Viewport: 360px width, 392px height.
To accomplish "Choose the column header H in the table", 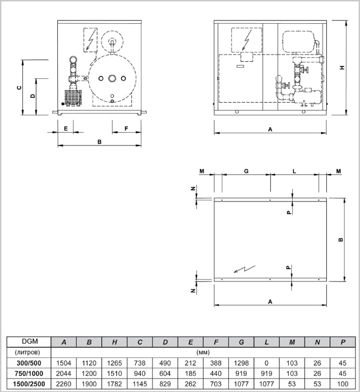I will pyautogui.click(x=114, y=342).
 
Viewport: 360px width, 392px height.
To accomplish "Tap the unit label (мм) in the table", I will pyautogui.click(x=203, y=352).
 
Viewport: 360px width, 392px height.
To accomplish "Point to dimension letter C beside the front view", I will pyautogui.click(x=18, y=88).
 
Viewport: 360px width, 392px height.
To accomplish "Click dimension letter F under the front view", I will pyautogui.click(x=126, y=128).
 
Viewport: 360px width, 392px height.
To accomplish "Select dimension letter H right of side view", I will pyautogui.click(x=342, y=68).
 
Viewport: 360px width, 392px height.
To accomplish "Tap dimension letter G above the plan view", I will pyautogui.click(x=246, y=171).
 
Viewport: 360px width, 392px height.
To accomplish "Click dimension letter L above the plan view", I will pyautogui.click(x=294, y=171).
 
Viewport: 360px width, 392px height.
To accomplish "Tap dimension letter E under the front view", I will pyautogui.click(x=65, y=128).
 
